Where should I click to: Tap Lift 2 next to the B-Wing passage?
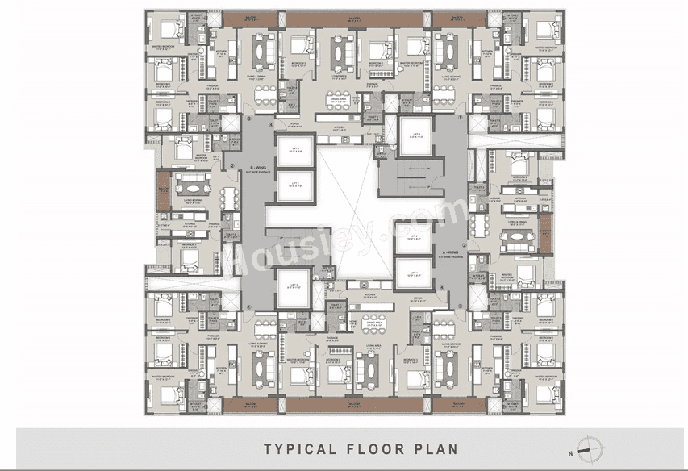coord(295,185)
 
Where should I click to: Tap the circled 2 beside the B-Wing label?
coord(232,168)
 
